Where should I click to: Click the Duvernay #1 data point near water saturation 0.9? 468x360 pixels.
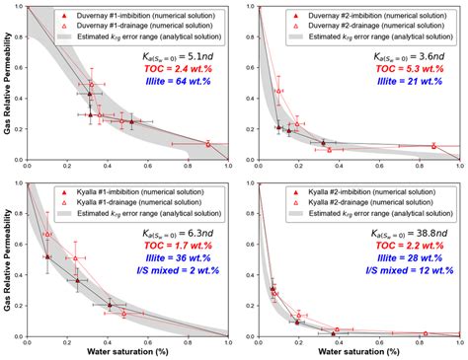click(208, 144)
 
